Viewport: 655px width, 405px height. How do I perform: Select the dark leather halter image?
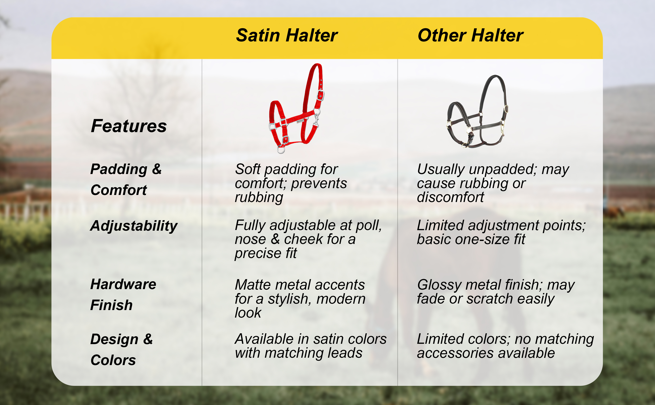click(477, 112)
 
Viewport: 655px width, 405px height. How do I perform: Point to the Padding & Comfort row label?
click(126, 179)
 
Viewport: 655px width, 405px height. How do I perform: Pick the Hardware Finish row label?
click(123, 294)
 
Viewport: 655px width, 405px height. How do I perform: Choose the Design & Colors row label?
click(122, 349)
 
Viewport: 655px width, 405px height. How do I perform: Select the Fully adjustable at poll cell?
click(308, 239)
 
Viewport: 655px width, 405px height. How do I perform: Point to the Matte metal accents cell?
click(300, 298)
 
